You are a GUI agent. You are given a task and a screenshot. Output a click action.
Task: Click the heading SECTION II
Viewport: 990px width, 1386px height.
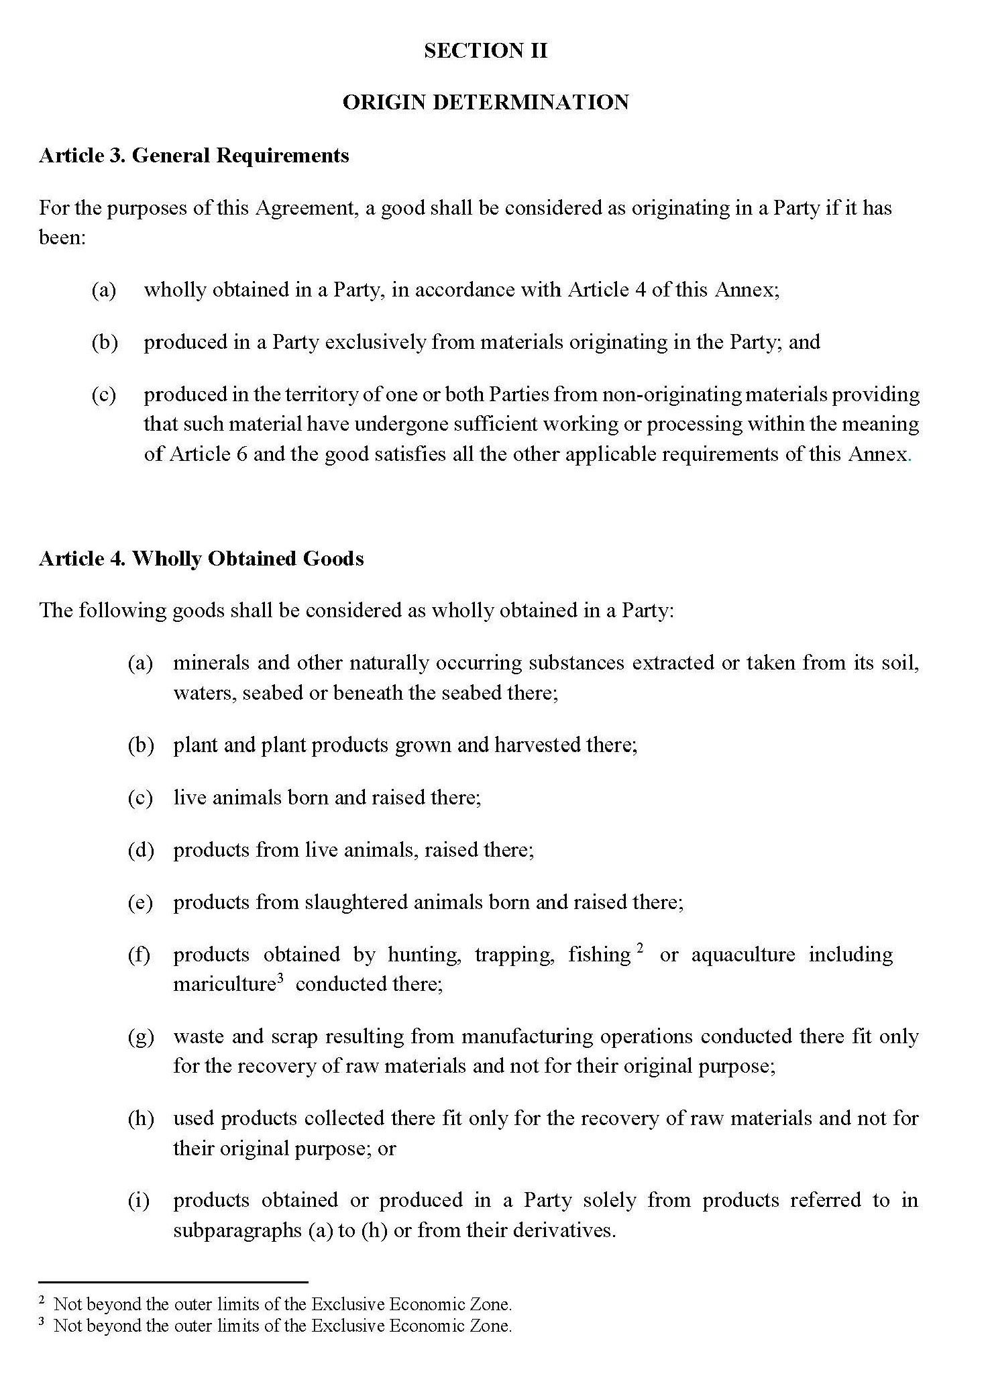click(x=486, y=51)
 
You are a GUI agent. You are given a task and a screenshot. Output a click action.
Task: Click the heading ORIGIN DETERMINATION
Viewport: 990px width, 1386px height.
click(x=486, y=103)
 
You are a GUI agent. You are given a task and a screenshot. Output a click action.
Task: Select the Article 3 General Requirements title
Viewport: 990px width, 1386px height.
click(x=194, y=156)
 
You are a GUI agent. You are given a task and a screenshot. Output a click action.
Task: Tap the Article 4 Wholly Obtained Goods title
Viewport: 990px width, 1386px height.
click(x=201, y=559)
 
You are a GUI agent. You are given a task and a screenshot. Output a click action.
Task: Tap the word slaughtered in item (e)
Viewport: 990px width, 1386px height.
click(x=356, y=902)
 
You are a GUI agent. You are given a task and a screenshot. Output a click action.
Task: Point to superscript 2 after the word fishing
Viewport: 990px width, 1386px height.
click(x=641, y=948)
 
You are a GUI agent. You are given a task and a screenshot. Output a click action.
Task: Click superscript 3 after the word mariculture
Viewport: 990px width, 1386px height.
click(x=281, y=978)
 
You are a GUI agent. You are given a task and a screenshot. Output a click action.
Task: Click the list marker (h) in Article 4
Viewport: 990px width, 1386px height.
click(x=141, y=1118)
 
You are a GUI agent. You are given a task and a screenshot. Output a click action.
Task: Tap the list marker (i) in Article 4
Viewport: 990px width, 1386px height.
click(x=140, y=1200)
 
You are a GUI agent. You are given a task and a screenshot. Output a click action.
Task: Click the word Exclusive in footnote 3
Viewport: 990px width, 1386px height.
click(x=348, y=1326)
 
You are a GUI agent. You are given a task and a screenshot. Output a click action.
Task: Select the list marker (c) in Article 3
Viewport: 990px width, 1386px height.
click(x=104, y=394)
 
